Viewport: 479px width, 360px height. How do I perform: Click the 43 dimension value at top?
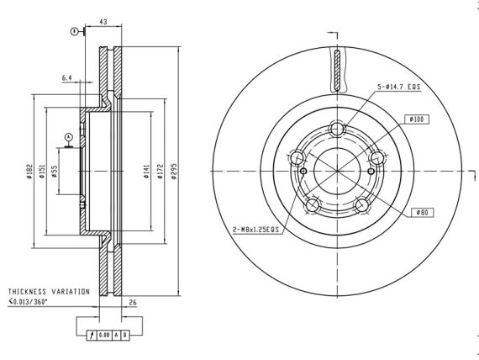[x=103, y=22]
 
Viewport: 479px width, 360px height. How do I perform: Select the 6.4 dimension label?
[x=67, y=78]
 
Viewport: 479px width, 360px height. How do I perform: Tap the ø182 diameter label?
[x=29, y=172]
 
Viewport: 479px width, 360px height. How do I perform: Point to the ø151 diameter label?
[x=42, y=172]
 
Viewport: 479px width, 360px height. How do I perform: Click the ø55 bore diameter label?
[x=54, y=172]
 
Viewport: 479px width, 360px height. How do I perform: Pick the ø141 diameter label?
[x=147, y=172]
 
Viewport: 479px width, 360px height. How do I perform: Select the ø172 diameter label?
[x=160, y=172]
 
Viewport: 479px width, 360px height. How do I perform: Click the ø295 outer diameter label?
[x=174, y=172]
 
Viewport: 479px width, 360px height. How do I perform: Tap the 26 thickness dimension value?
[x=133, y=302]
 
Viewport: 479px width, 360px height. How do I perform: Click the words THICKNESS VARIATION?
[x=49, y=292]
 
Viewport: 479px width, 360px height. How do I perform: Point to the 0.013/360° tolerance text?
[x=28, y=302]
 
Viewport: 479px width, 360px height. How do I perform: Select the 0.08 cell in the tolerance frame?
[x=104, y=336]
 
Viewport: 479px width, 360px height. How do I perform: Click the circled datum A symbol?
[x=69, y=137]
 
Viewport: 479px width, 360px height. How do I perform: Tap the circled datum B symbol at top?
[x=74, y=31]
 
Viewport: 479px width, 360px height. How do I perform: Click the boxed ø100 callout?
[x=417, y=119]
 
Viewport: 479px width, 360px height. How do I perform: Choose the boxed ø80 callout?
[x=422, y=212]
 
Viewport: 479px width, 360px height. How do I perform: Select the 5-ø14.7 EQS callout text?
[x=399, y=87]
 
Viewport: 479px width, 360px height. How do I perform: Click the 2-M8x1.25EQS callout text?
[x=256, y=229]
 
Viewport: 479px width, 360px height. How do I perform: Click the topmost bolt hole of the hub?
[x=337, y=129]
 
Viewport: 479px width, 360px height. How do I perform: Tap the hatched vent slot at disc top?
[x=337, y=70]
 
